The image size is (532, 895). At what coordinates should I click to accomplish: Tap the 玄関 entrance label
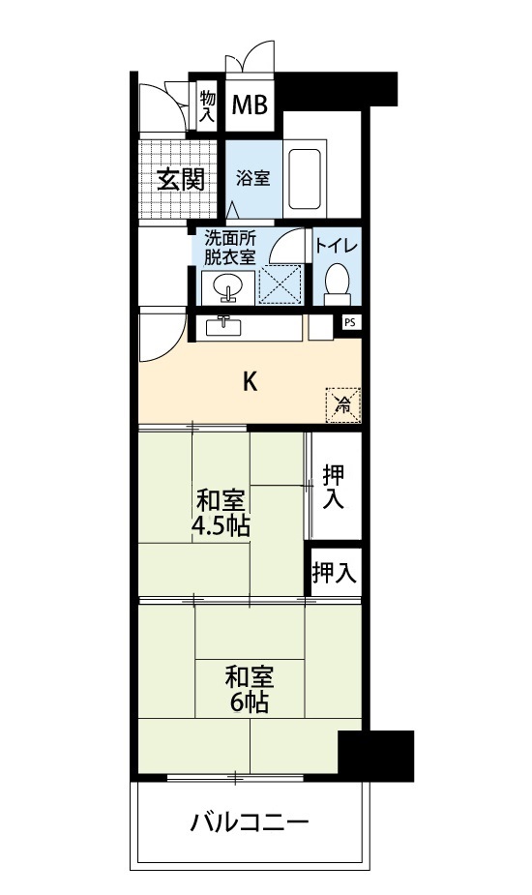(180, 180)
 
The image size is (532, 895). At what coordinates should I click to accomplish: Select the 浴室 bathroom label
(253, 178)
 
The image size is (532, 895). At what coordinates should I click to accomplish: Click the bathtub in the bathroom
(305, 179)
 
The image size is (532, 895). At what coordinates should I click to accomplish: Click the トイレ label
(337, 247)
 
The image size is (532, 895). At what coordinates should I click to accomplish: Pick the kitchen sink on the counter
(223, 326)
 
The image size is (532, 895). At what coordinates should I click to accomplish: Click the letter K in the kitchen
(250, 381)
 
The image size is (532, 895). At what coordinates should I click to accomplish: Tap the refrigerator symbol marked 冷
(343, 405)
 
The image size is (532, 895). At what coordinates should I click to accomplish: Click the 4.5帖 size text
(221, 526)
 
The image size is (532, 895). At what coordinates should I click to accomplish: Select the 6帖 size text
(250, 702)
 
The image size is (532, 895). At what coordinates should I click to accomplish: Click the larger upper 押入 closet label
(334, 487)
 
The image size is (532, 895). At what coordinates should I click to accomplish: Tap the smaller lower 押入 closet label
(335, 573)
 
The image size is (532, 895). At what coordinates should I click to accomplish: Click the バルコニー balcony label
(250, 822)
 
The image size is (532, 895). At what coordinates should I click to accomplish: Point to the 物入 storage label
(208, 106)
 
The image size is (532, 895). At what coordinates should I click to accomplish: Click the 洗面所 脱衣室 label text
(230, 247)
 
